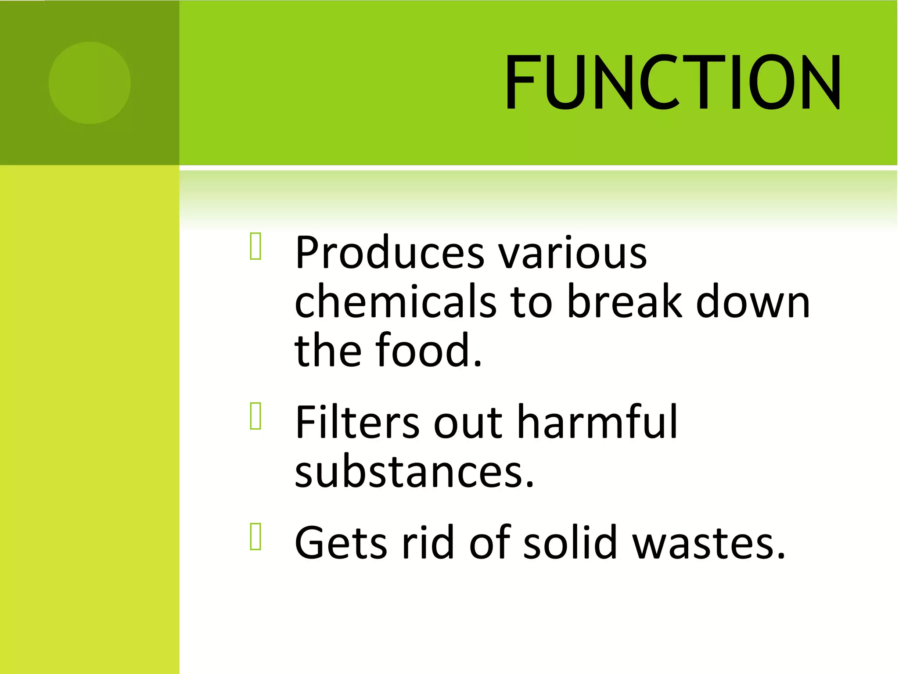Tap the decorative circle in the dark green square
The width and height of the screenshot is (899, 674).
click(x=90, y=83)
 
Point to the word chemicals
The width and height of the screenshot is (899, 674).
click(x=395, y=301)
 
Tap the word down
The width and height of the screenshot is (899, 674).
click(x=753, y=302)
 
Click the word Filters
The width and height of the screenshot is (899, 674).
click(x=357, y=422)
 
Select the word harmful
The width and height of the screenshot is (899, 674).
click(x=597, y=422)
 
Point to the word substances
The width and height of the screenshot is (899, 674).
click(x=414, y=471)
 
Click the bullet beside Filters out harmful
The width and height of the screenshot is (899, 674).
click(x=255, y=416)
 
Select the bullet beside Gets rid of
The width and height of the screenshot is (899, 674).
click(x=255, y=536)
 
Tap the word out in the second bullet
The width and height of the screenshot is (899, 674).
click(x=468, y=423)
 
